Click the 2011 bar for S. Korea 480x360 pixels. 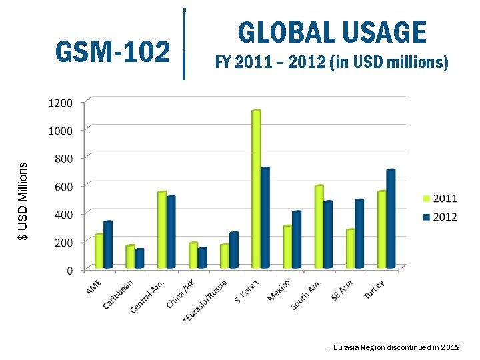click(x=256, y=189)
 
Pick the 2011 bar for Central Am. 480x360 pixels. click(x=161, y=230)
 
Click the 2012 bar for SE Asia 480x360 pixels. click(x=359, y=233)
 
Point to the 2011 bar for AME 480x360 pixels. click(x=99, y=251)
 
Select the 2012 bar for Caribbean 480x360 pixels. click(x=139, y=259)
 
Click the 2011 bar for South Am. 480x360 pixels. click(x=319, y=227)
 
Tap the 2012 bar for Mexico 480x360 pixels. click(x=297, y=240)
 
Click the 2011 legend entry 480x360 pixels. click(x=439, y=198)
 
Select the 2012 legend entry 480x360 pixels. click(x=439, y=217)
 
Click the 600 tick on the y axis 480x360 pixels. click(x=63, y=186)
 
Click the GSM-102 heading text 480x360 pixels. click(x=113, y=51)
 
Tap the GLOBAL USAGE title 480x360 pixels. click(x=331, y=32)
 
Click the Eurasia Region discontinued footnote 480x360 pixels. click(x=394, y=348)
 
